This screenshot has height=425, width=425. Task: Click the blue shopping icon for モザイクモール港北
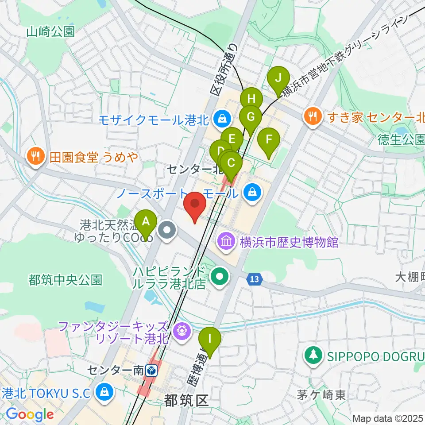(220, 118)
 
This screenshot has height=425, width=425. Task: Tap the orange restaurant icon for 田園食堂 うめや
(35, 156)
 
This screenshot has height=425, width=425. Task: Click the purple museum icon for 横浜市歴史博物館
(226, 242)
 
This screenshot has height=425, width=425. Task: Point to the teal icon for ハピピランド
(219, 277)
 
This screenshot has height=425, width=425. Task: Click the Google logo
(30, 415)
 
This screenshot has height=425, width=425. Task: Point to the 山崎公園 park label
(50, 31)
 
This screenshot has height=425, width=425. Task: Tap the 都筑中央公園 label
(66, 280)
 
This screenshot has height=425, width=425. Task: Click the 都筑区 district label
(186, 401)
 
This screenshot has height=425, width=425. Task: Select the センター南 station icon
(152, 369)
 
